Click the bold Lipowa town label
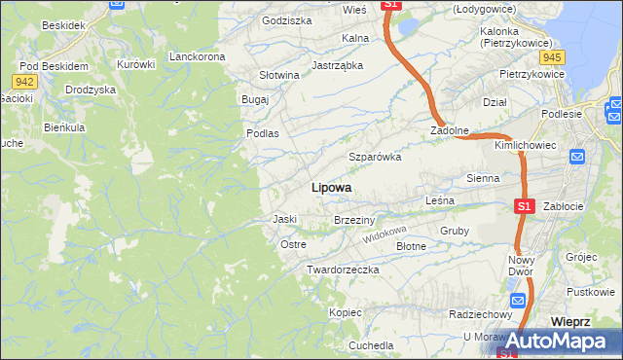pyautogui.click(x=331, y=187)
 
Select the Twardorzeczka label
pyautogui.click(x=342, y=269)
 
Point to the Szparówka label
pyautogui.click(x=375, y=157)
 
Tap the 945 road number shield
pyautogui.click(x=554, y=56)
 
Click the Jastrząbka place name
pyautogui.click(x=337, y=65)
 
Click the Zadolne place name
pyautogui.click(x=451, y=129)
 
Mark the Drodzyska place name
pyautogui.click(x=91, y=89)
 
